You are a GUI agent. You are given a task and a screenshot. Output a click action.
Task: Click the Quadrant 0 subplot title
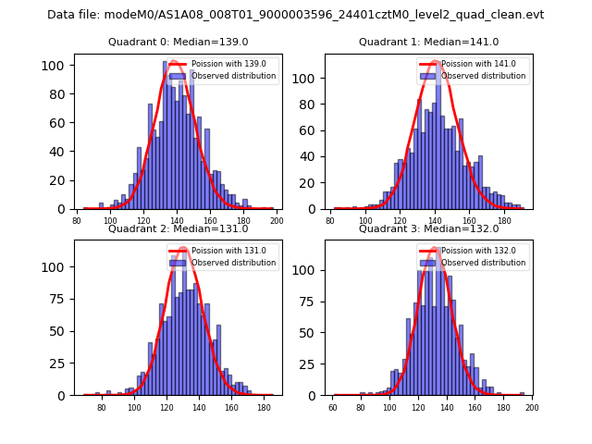click(x=178, y=43)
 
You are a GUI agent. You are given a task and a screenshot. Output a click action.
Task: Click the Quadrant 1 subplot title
click(x=428, y=43)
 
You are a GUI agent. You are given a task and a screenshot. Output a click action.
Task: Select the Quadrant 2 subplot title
click(x=178, y=228)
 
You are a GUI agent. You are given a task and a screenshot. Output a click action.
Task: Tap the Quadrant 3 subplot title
click(x=428, y=228)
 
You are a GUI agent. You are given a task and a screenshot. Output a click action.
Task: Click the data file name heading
click(x=296, y=15)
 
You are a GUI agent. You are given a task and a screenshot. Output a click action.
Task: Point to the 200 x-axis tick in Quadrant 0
click(x=276, y=220)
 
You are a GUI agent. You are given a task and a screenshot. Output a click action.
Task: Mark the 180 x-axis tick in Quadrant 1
click(x=504, y=220)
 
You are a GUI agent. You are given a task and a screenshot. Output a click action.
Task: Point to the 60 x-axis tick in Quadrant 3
click(x=334, y=406)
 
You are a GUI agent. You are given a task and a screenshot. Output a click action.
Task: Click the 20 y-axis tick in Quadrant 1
click(x=313, y=183)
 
